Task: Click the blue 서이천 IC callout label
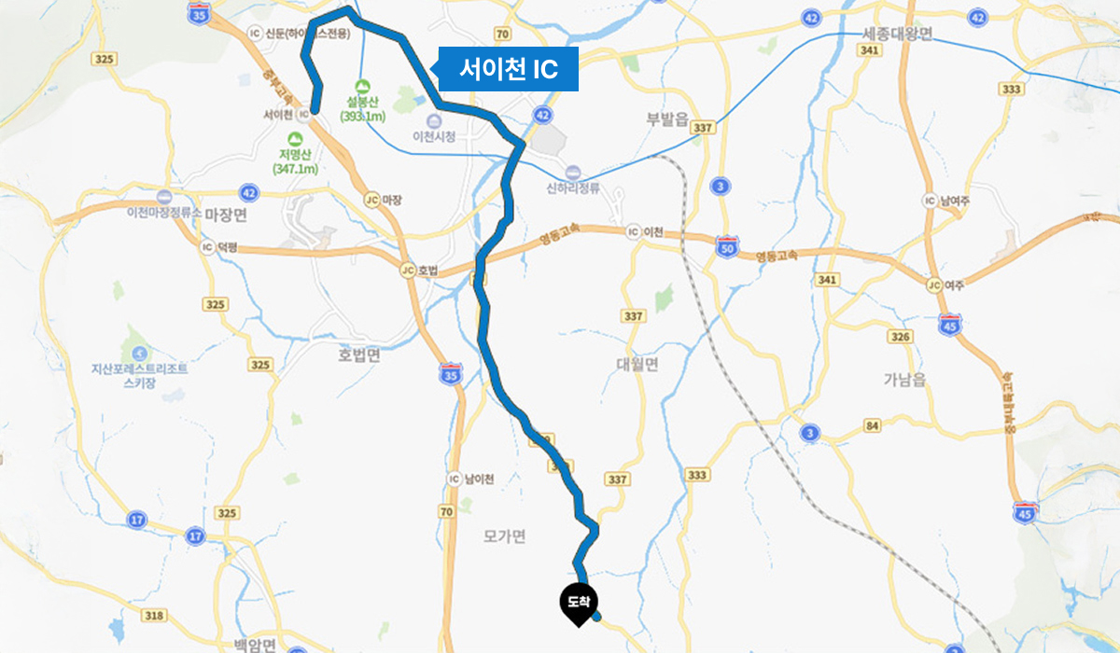click(x=509, y=69)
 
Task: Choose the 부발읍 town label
click(x=666, y=118)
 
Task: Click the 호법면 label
click(x=359, y=355)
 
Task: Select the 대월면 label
click(x=637, y=365)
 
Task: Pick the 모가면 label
click(x=505, y=536)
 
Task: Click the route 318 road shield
click(x=155, y=615)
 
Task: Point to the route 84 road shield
click(x=873, y=426)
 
